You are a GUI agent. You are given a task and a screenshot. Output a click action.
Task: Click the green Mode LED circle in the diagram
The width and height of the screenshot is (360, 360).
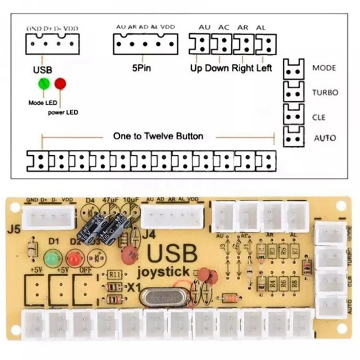point(44,84)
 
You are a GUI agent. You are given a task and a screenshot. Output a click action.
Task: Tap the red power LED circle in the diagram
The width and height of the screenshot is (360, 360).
point(60,84)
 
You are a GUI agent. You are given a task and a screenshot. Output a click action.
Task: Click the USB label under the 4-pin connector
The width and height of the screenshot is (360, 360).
point(43,70)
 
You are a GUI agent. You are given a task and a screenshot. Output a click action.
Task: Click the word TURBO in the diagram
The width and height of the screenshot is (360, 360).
point(325,93)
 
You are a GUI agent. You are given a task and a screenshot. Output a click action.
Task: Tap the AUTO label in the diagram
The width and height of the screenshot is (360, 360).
point(324,138)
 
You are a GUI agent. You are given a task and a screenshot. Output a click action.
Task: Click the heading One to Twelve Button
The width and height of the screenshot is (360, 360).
point(158,136)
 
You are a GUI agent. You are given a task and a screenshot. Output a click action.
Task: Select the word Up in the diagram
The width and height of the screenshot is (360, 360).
point(196,68)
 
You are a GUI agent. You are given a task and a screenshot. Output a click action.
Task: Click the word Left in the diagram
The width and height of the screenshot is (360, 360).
point(264,68)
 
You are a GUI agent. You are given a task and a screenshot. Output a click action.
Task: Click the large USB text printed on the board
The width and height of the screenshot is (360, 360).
point(171,254)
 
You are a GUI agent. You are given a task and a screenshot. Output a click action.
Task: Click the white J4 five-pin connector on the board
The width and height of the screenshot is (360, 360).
point(170,216)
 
